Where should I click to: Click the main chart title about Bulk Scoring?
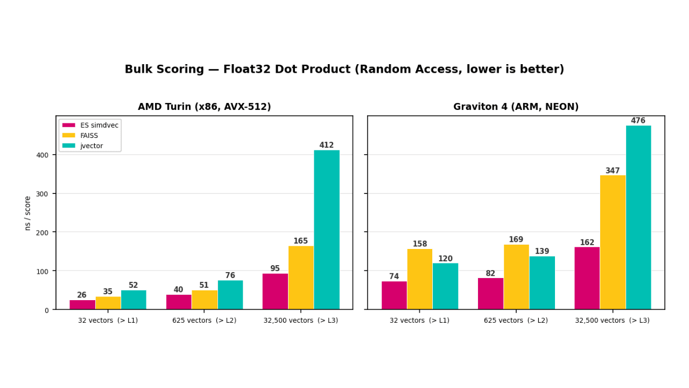(344, 70)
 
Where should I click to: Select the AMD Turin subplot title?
(204, 107)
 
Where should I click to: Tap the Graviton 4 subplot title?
(516, 107)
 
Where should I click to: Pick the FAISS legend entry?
(89, 136)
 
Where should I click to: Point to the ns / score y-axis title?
(28, 213)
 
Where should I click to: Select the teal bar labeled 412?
(327, 230)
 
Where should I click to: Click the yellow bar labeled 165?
(301, 278)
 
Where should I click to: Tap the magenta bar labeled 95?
(275, 291)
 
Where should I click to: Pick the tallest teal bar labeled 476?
(638, 217)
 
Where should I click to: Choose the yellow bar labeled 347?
(613, 242)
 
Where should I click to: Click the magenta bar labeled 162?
(587, 278)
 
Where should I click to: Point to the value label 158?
(420, 244)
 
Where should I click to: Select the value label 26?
(82, 295)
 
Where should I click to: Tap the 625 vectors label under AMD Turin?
(204, 321)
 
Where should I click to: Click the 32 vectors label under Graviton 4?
(419, 321)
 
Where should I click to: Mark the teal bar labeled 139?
(542, 282)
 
